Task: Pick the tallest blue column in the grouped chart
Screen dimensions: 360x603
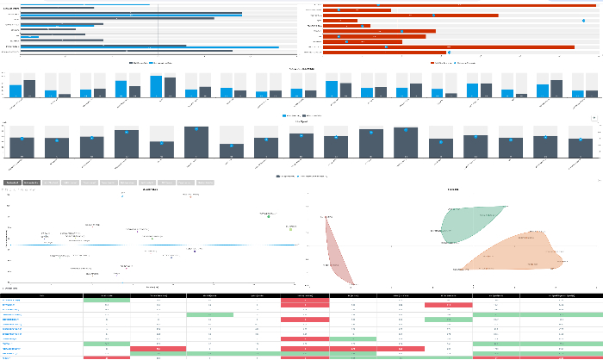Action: [x=156, y=86]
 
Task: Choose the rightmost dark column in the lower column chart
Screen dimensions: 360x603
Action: [x=581, y=147]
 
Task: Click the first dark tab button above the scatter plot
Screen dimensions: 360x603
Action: [x=12, y=183]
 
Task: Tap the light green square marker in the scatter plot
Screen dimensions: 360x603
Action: [x=290, y=229]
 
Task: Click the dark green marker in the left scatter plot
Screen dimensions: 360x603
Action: [x=269, y=216]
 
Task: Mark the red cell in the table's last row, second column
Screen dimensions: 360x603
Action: [x=106, y=357]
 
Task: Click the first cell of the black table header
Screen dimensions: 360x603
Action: [x=41, y=295]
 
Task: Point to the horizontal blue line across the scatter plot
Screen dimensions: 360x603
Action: [x=155, y=245]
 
